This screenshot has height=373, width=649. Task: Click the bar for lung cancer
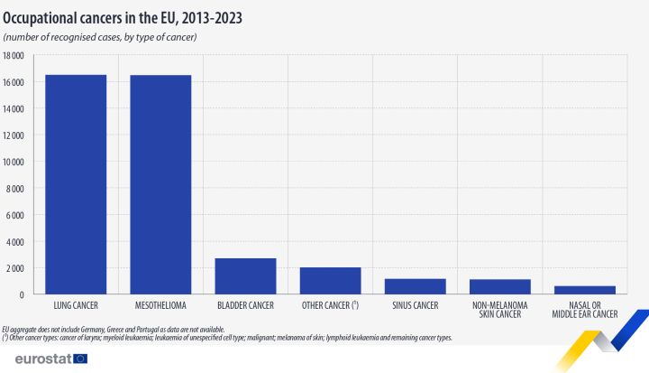click(76, 184)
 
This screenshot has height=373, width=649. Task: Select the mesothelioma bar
click(160, 184)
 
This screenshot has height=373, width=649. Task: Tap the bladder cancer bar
click(245, 276)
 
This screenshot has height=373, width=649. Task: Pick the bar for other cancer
click(330, 281)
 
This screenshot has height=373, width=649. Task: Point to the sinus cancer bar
click(415, 286)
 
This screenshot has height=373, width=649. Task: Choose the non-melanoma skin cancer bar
click(499, 287)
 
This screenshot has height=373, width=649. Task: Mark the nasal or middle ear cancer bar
click(584, 290)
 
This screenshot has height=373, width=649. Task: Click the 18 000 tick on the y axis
click(14, 56)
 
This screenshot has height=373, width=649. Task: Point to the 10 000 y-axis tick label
click(14, 162)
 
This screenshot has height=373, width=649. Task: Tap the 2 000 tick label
click(15, 268)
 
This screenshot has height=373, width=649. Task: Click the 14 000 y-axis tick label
click(14, 109)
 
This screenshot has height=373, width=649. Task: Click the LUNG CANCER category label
click(76, 305)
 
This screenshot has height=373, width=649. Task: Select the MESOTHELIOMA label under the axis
click(160, 305)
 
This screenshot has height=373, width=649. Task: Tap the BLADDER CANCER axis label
click(245, 305)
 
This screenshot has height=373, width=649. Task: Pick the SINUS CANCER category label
click(415, 305)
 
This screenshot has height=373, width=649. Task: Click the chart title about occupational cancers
click(122, 16)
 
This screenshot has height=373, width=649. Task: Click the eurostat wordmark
click(35, 359)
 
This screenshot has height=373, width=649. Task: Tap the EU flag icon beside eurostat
click(80, 359)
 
